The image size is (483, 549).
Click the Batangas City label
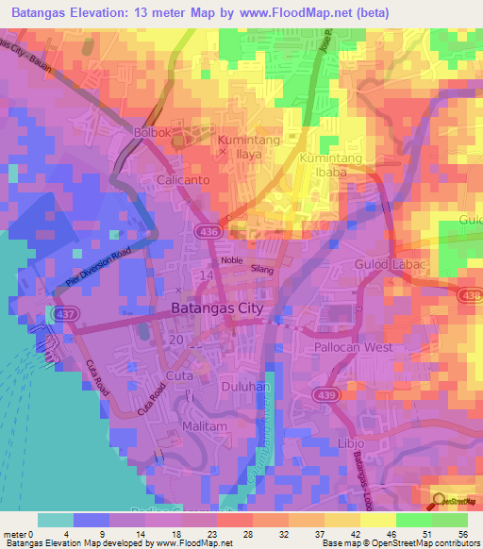coord(218,308)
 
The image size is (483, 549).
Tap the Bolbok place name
coord(153,133)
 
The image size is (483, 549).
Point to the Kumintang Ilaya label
coord(251,148)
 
